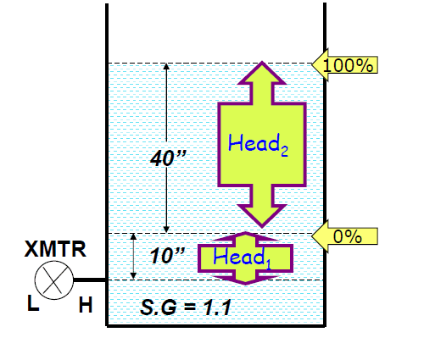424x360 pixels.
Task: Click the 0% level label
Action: tap(349, 236)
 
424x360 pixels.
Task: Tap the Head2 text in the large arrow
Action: tap(259, 145)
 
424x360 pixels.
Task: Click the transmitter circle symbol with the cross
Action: tap(53, 280)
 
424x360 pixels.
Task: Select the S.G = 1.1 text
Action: tap(186, 307)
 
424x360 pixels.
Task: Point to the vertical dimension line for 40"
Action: tap(166, 110)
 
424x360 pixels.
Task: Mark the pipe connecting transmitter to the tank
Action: tap(90, 280)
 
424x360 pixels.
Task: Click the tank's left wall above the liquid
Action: tap(106, 34)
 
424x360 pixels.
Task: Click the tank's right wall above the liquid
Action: tap(327, 34)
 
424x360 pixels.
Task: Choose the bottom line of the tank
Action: tap(216, 325)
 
